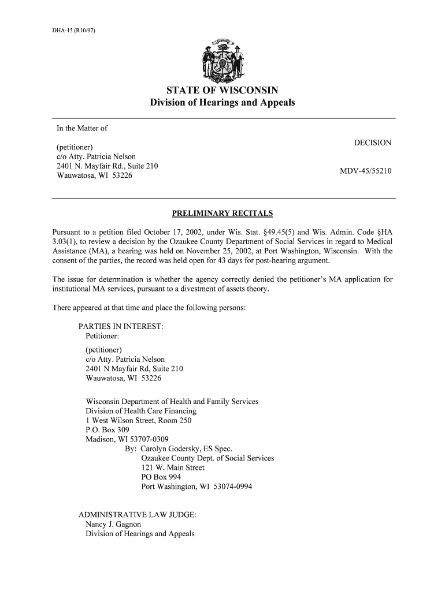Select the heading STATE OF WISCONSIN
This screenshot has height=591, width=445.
coord(222,90)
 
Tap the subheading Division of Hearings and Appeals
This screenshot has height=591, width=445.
coord(222,103)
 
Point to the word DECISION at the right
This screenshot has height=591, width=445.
coord(373,143)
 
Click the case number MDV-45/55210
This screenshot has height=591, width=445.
coord(367,171)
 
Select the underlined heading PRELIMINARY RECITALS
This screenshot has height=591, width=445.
coord(222,214)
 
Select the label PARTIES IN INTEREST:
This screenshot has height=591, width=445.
coord(121,327)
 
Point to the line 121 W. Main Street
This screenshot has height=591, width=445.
coord(173,468)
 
